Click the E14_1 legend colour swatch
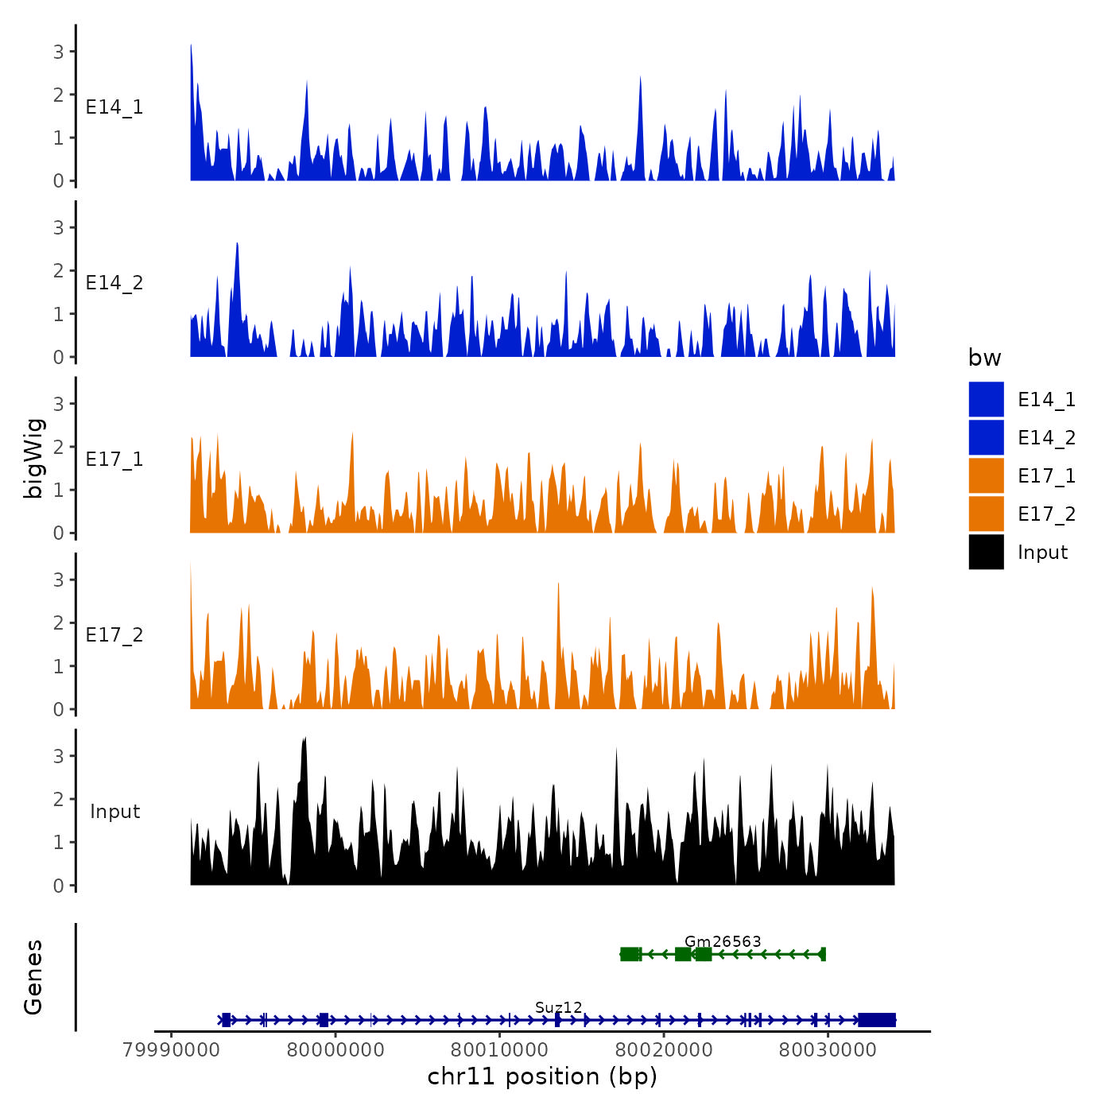(x=986, y=399)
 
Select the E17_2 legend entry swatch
(x=986, y=514)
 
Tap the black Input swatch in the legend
(x=986, y=552)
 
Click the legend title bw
(x=984, y=358)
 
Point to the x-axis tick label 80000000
(x=335, y=1049)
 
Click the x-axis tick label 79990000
(x=172, y=1049)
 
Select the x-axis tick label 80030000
(x=828, y=1049)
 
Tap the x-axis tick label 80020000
(x=664, y=1049)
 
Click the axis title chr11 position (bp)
(x=542, y=1076)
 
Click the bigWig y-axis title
(x=33, y=458)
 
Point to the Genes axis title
(x=33, y=977)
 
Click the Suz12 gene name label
(x=558, y=1007)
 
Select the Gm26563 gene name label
(x=723, y=941)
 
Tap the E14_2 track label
(x=114, y=283)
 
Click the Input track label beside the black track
(x=114, y=811)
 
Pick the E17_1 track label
(x=114, y=459)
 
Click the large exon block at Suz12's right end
(x=877, y=1020)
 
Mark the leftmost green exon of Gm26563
(x=630, y=954)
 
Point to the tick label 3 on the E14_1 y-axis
(x=59, y=52)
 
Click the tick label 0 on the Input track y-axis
(x=59, y=886)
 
